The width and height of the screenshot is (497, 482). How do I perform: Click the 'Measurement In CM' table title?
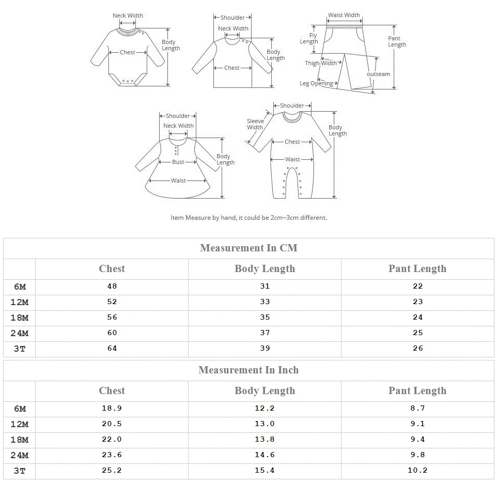click(x=248, y=248)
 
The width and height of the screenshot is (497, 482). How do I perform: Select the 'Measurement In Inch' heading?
click(x=248, y=370)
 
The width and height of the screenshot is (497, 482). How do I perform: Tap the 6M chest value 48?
click(x=112, y=286)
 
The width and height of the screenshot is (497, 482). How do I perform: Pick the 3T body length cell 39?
click(x=265, y=348)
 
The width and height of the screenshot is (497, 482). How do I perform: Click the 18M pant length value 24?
click(x=417, y=317)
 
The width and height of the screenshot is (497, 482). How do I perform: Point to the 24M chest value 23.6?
click(x=112, y=455)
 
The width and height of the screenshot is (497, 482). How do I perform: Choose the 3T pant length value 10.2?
click(x=417, y=470)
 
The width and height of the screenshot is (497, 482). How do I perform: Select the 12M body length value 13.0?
click(x=265, y=424)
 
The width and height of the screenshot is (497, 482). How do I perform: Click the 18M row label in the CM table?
click(x=20, y=318)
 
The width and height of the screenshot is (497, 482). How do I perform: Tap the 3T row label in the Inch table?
click(x=20, y=471)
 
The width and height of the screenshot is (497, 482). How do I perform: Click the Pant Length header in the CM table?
click(x=417, y=268)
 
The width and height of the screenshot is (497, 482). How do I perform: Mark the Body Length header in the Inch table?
click(x=265, y=390)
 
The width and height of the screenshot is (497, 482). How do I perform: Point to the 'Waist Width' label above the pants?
click(x=344, y=15)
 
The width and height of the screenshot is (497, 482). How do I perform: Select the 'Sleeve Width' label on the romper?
click(x=255, y=124)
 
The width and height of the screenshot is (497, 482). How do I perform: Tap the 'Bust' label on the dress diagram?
click(x=178, y=162)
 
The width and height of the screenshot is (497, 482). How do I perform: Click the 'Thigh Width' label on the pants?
click(x=320, y=63)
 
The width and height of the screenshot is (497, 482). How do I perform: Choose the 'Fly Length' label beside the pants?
click(x=309, y=38)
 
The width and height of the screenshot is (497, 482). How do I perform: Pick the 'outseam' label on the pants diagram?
click(x=379, y=74)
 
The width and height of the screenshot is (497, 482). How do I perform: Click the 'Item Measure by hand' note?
click(x=248, y=218)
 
